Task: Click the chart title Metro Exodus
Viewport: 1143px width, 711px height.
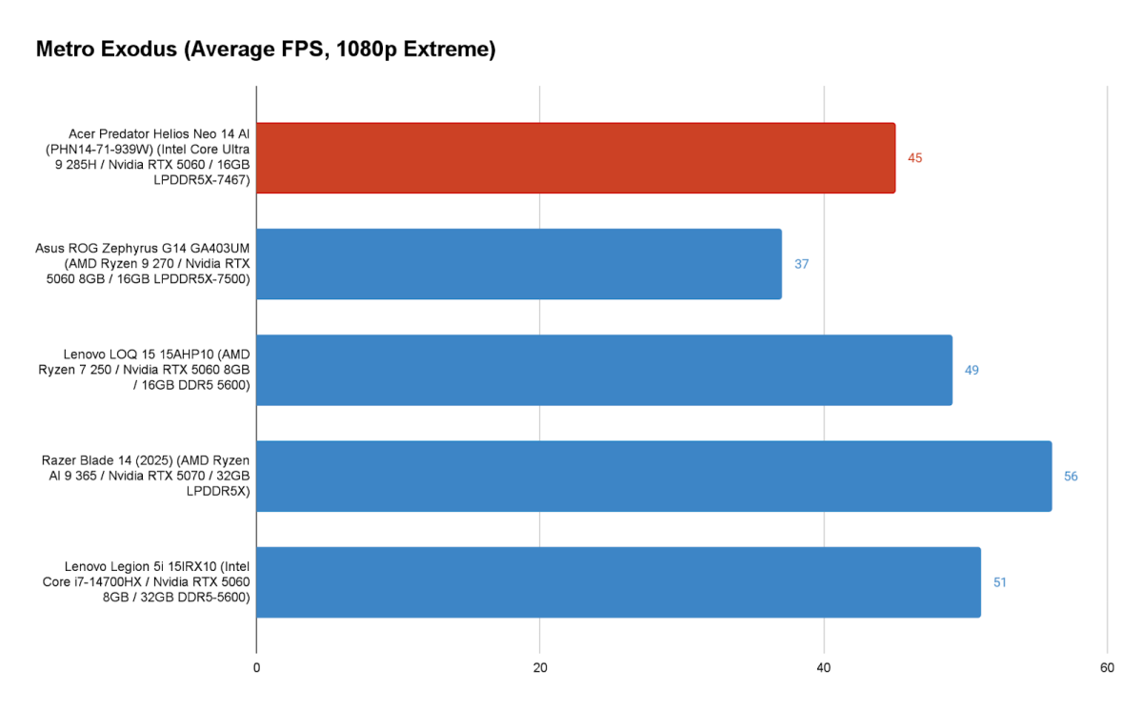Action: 266,51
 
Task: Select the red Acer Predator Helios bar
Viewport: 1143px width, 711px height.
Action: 575,158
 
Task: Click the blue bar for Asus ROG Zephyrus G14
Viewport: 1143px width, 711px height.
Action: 519,264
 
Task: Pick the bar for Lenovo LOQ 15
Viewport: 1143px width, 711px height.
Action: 604,370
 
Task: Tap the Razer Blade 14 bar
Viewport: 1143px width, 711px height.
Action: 653,476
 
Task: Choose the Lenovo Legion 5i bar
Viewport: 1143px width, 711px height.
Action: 618,581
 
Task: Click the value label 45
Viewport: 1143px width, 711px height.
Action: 914,158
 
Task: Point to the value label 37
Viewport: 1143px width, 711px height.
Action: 801,264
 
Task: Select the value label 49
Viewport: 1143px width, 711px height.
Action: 972,370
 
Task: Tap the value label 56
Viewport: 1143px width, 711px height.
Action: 1071,476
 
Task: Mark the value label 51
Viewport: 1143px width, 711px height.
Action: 1000,581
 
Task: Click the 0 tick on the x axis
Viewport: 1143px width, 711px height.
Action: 256,668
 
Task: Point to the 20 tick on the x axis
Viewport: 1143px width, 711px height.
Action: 540,668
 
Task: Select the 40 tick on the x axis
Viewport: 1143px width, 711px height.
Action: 824,668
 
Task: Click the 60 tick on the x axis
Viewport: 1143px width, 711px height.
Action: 1107,668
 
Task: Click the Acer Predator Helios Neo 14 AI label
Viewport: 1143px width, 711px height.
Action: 159,158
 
